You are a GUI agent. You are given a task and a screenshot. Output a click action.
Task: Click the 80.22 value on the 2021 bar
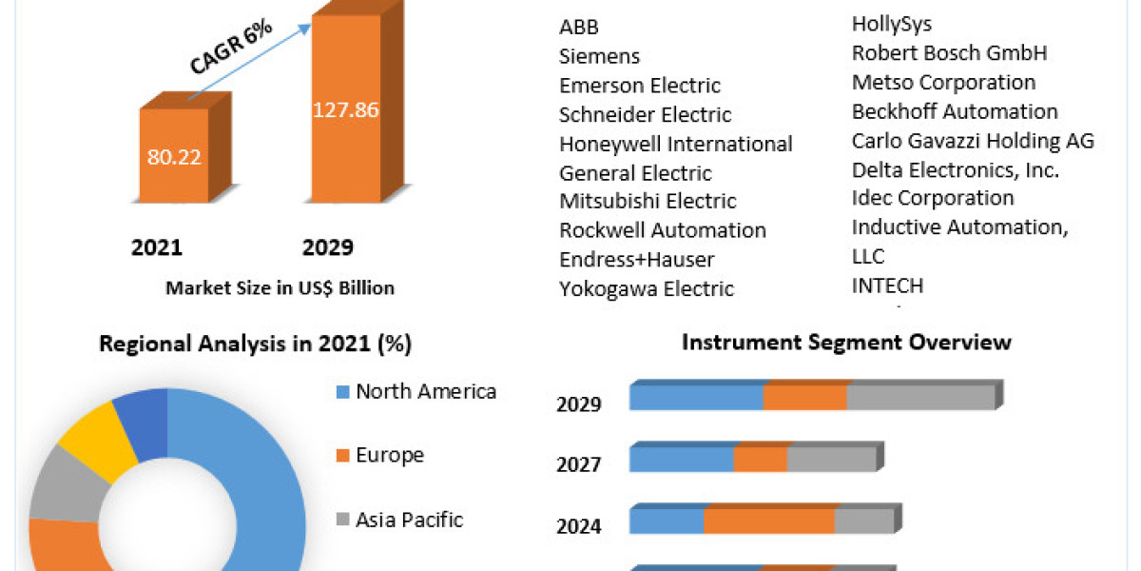point(174,157)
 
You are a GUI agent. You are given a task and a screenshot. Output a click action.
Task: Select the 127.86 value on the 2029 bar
point(346,109)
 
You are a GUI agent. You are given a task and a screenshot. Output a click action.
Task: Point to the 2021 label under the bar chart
point(157,248)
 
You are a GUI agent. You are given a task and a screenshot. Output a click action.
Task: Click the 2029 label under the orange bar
point(327,248)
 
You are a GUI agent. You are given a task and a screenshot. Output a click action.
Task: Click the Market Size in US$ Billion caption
point(280,287)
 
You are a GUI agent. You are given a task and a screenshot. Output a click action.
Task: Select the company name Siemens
point(599,56)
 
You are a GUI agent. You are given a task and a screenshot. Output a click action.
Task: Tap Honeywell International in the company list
point(675,144)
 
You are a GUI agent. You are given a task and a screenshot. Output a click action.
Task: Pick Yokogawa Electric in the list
point(647,288)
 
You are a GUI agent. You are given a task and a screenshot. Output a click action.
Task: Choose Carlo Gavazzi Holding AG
point(973,141)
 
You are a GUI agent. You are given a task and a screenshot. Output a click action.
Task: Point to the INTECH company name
point(887,285)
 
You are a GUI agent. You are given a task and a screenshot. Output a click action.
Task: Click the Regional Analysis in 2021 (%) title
point(255,345)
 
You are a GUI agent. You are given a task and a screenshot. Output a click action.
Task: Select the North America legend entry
point(425,391)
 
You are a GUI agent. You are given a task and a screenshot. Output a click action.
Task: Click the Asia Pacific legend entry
point(409,520)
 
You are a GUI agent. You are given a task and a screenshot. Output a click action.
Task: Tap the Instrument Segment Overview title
point(846,342)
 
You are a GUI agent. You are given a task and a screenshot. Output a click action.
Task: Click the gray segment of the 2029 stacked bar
point(919,398)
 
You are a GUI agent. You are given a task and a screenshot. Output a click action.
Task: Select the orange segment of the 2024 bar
point(768,522)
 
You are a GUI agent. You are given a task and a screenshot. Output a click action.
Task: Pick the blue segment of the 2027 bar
point(681,460)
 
